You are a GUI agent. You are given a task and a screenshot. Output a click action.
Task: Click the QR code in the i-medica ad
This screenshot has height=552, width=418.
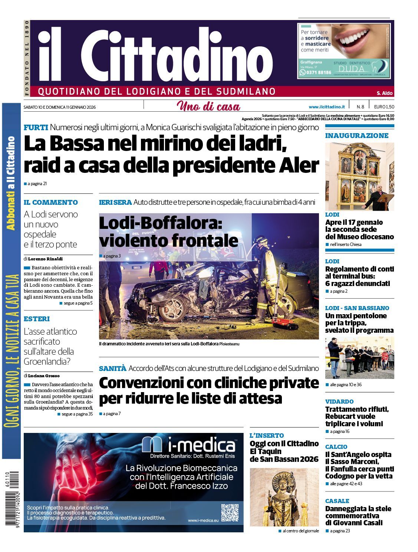230,512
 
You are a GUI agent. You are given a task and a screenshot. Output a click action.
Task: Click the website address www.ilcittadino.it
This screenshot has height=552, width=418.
327,107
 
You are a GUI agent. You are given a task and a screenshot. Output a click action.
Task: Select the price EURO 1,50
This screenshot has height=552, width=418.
384,107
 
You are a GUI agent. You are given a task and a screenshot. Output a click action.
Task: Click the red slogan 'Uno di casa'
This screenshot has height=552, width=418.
208,107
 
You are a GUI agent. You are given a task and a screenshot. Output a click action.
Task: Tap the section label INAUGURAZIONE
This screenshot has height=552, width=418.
357,136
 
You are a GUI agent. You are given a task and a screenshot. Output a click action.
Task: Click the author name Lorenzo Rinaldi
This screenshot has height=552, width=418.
45,259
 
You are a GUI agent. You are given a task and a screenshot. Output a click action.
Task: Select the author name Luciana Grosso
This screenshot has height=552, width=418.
44,376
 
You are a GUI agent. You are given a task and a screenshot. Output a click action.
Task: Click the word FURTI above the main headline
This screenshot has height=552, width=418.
36,128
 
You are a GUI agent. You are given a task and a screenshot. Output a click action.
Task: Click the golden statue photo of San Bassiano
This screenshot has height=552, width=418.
284,497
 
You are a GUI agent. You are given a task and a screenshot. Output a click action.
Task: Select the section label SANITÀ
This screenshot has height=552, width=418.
112,368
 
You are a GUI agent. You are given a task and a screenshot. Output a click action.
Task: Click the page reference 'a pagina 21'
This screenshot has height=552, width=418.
37,184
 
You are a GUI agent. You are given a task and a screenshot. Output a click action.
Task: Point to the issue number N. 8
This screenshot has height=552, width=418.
360,107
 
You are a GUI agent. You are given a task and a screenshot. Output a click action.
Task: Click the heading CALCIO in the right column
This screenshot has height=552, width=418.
336,447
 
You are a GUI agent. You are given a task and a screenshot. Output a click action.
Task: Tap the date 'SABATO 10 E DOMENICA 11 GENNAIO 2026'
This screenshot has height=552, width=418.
60,107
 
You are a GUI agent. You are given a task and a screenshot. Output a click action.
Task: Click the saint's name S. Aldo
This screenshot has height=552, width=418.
385,93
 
